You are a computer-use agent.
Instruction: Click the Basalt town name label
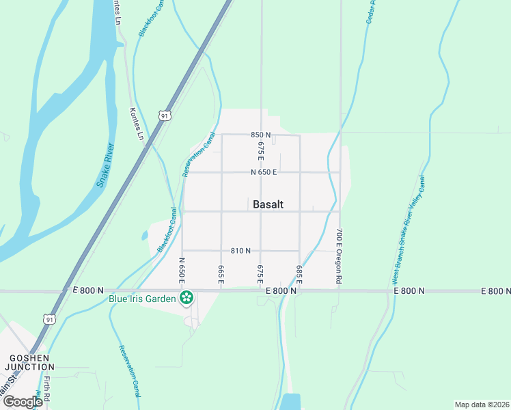[x=268, y=204]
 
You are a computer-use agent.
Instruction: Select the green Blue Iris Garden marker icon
[x=185, y=297]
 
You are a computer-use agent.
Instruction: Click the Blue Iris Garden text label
[x=142, y=298]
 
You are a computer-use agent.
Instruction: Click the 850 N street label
[x=261, y=135]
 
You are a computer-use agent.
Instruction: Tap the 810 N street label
[x=240, y=251]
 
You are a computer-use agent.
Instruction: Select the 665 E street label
[x=221, y=272]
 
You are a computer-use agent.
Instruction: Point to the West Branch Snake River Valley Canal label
[x=409, y=230]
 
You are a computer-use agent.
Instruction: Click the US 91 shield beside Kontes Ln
[x=164, y=116]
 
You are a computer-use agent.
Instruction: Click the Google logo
[x=23, y=401]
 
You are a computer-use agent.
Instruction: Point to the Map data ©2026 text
[x=481, y=405]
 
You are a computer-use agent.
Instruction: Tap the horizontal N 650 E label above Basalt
[x=263, y=172]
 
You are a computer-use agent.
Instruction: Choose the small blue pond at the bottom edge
[x=290, y=402]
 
